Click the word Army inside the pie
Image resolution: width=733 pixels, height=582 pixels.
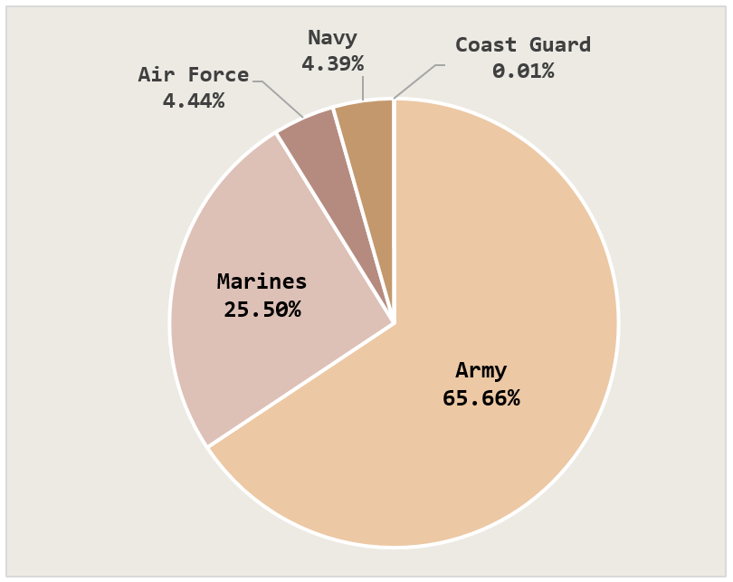[481, 370]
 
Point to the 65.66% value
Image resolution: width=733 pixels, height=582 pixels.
[481, 397]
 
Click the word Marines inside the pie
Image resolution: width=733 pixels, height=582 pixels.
[262, 281]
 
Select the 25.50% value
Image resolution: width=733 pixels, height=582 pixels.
[262, 310]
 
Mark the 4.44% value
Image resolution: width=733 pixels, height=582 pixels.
[193, 100]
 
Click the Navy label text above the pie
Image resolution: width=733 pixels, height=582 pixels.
[332, 38]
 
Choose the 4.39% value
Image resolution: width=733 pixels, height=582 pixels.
[332, 63]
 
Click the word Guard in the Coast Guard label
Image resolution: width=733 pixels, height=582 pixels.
[560, 45]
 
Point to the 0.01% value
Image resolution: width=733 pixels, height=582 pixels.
[523, 71]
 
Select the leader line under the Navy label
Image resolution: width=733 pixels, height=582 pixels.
[363, 87]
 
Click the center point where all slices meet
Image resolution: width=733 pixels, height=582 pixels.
[394, 323]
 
